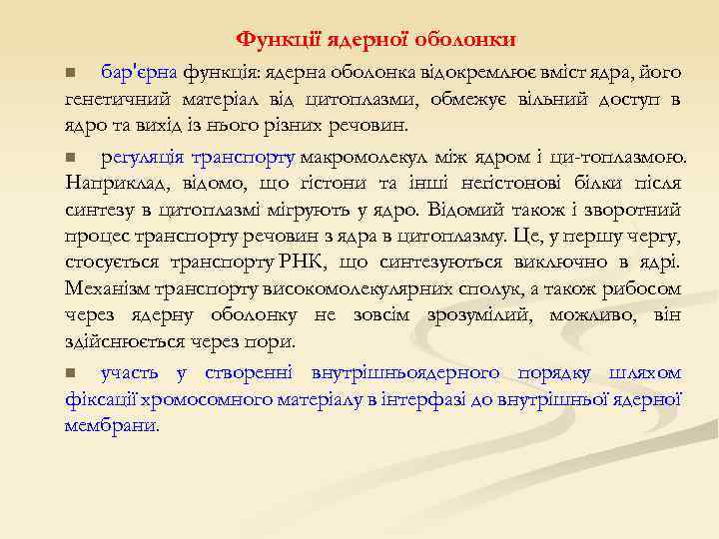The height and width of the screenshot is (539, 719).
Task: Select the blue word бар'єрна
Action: pos(140,72)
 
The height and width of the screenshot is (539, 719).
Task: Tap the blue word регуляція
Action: pos(145,157)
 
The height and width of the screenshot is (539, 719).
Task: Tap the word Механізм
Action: pos(108,289)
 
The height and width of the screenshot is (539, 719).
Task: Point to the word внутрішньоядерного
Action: pos(405,372)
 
